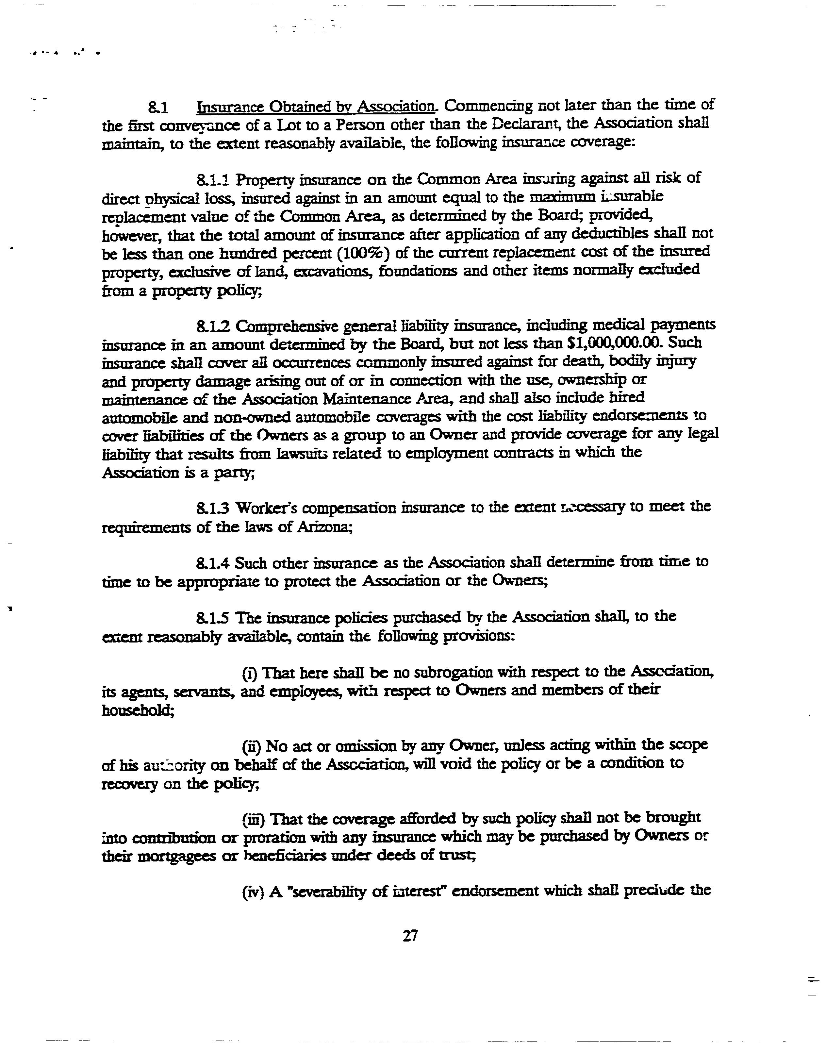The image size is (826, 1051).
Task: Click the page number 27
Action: point(410,936)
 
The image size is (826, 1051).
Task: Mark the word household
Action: point(138,710)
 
